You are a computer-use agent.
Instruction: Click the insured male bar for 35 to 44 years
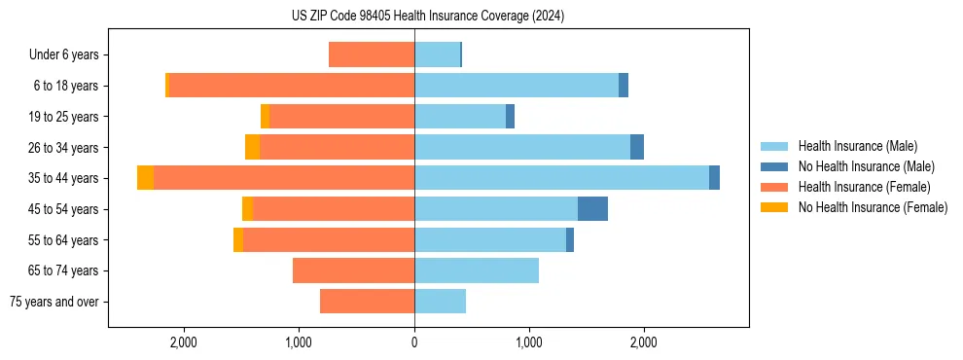[561, 178]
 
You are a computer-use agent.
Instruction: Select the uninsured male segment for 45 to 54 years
[592, 209]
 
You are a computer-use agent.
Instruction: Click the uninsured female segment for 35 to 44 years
[145, 178]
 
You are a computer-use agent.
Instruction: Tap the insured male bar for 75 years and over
[440, 302]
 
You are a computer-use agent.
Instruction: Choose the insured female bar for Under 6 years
[372, 55]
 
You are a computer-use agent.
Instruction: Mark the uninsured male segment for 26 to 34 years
[636, 147]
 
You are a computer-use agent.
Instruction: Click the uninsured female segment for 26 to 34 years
[252, 147]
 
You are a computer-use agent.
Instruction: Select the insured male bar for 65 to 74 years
[477, 270]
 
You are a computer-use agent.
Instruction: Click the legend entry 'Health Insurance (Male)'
[857, 146]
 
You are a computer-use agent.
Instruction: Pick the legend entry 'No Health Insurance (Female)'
[873, 207]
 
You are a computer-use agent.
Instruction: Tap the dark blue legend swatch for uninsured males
[774, 166]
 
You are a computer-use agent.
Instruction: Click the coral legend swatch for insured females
[774, 187]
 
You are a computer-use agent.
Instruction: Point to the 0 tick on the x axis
[414, 342]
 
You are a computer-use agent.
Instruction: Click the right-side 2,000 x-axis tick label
[644, 342]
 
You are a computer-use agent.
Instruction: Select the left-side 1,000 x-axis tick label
[299, 342]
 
